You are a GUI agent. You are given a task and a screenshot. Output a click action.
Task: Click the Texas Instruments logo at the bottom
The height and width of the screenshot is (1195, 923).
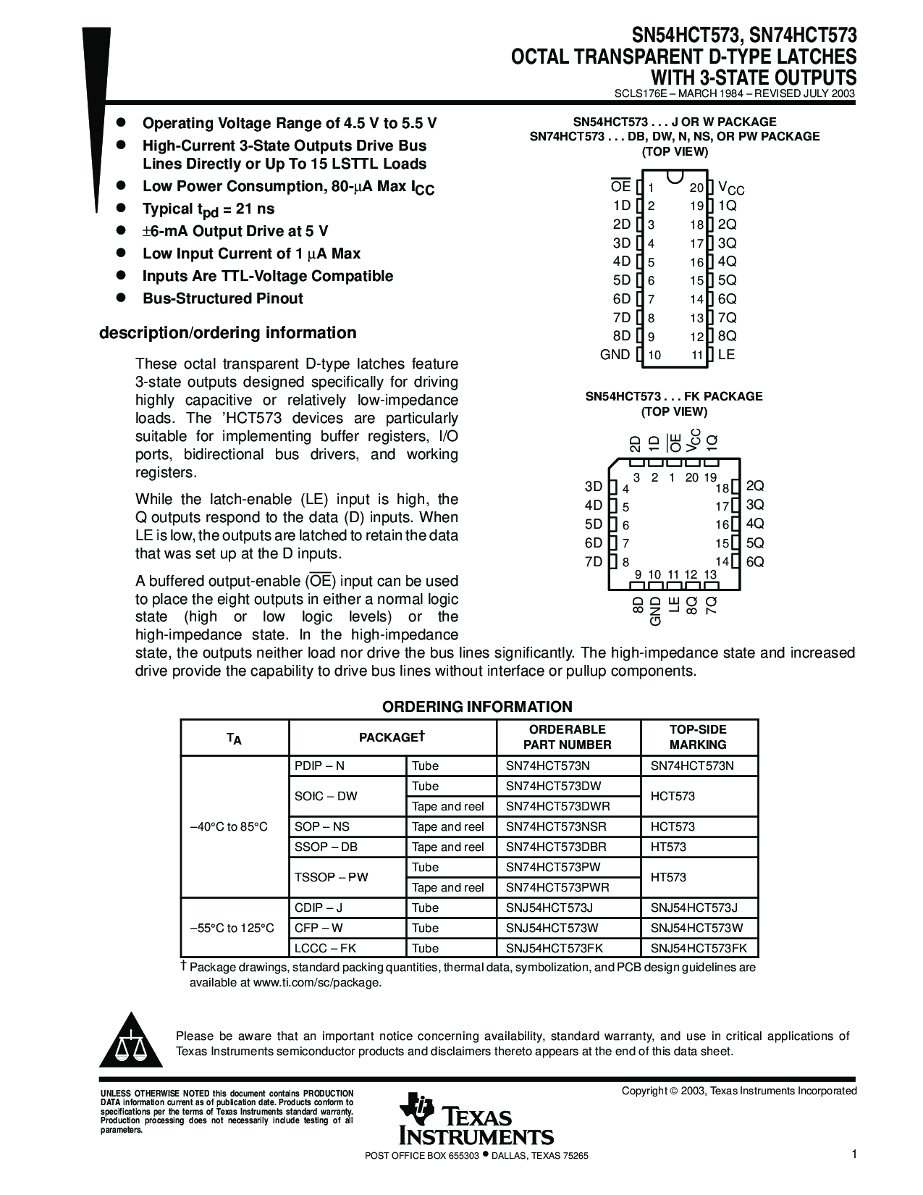point(475,1120)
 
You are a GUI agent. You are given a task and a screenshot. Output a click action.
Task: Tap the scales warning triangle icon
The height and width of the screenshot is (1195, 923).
point(131,1044)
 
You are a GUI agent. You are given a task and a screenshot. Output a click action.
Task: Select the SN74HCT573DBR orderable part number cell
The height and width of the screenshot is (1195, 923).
point(556,847)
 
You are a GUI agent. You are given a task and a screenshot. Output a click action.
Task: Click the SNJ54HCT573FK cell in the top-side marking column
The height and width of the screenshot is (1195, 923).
point(699,948)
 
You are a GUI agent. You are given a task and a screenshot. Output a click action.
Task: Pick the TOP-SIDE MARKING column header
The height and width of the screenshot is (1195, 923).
point(698,737)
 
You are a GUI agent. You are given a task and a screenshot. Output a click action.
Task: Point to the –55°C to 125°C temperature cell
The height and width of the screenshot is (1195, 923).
point(232,928)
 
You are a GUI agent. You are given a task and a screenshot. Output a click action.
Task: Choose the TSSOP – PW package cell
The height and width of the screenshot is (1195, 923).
point(332,877)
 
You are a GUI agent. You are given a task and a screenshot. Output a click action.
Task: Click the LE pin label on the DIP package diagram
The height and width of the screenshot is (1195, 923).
point(726,355)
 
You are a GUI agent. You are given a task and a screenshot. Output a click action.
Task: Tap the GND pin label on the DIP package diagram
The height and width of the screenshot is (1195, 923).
point(615,355)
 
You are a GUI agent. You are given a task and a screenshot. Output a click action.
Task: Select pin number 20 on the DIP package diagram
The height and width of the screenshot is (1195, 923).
point(696,188)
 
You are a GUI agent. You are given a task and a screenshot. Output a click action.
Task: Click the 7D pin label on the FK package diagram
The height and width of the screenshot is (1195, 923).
point(594,562)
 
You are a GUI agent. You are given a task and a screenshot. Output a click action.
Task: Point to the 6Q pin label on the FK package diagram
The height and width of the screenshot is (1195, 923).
point(755,562)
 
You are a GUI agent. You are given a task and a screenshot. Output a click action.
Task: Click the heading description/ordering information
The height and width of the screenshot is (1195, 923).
point(227,333)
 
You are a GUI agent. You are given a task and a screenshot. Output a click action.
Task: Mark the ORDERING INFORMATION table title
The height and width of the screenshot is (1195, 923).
point(477,707)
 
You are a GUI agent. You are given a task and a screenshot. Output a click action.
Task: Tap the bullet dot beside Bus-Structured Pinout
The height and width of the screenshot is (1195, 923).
point(122,298)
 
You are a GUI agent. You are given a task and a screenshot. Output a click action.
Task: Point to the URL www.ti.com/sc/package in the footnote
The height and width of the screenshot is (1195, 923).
point(316,983)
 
